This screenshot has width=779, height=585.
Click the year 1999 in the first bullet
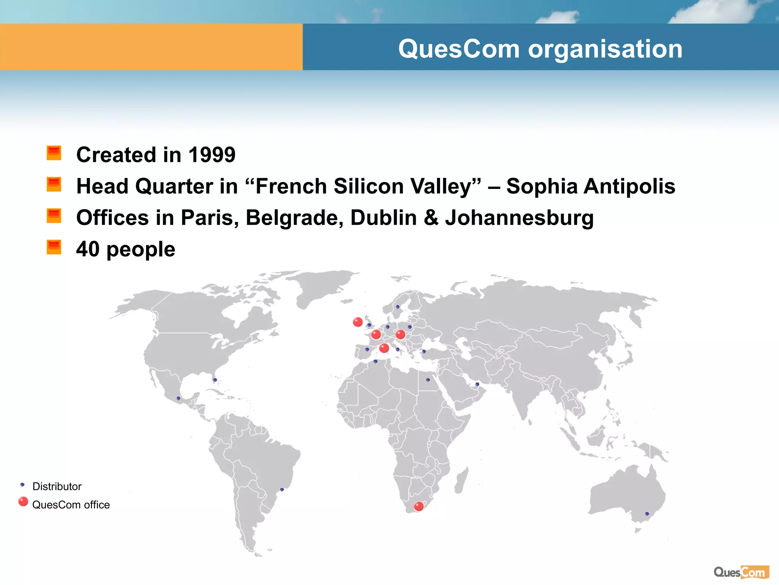click(212, 155)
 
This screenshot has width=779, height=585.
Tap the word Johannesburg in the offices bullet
click(519, 218)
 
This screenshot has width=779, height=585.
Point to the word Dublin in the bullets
click(383, 218)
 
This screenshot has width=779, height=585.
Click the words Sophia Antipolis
click(591, 186)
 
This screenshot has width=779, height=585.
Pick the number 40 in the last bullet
click(88, 249)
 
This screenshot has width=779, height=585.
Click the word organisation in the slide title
click(605, 49)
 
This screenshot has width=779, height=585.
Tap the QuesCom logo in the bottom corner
click(741, 572)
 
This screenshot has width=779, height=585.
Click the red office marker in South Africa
click(419, 506)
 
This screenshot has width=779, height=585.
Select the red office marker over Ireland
click(358, 322)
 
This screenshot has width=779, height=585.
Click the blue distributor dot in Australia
click(647, 514)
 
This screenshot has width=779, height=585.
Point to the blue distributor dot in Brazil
click(282, 489)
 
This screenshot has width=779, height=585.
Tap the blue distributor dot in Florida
click(215, 380)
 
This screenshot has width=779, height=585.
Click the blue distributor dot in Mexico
click(178, 398)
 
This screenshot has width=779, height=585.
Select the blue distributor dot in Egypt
click(428, 380)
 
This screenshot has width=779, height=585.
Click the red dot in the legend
click(23, 502)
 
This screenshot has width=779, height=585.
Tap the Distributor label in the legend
click(57, 486)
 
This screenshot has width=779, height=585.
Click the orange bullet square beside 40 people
click(54, 247)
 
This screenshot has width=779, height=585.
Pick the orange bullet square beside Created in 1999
click(54, 153)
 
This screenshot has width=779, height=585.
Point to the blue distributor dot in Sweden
click(397, 307)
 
